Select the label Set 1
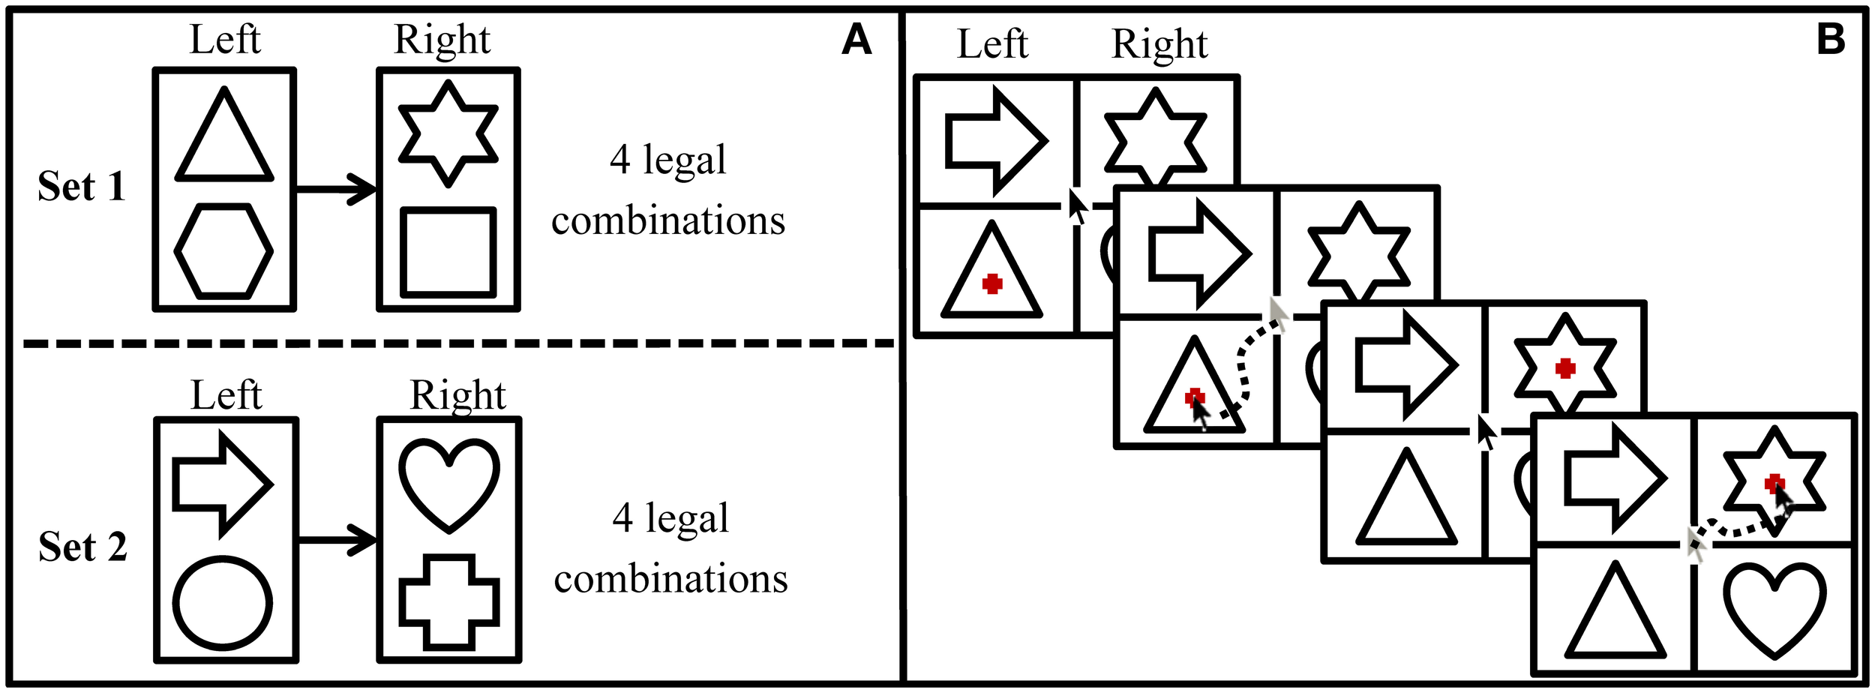(x=81, y=186)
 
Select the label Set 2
(x=82, y=546)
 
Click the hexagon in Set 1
(x=223, y=251)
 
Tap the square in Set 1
(x=448, y=252)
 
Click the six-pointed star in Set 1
(x=448, y=135)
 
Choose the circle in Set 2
(x=223, y=602)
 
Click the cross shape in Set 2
(x=448, y=602)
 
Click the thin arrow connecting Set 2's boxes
(x=337, y=540)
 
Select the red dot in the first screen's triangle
(x=992, y=283)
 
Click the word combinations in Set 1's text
(x=667, y=220)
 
